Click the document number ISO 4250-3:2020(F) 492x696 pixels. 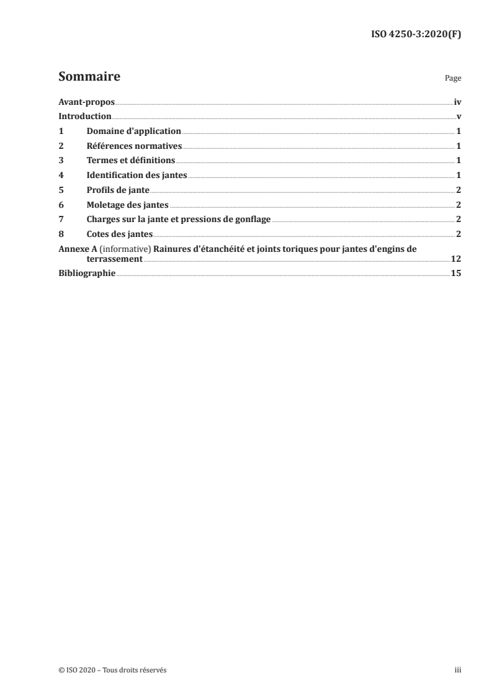pos(416,34)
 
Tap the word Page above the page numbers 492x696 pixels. pos(453,79)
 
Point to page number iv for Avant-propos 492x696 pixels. pos(457,102)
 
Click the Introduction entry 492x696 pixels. pos(85,117)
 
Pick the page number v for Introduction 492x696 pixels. pos(458,117)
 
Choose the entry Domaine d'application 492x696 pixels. pos(133,132)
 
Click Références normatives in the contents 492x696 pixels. pos(134,146)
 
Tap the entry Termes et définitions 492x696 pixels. pos(131,160)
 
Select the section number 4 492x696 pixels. pos(61,175)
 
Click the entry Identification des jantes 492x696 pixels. pos(136,175)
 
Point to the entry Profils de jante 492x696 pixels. pos(118,190)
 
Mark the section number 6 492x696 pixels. pos(61,204)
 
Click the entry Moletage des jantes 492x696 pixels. pos(127,204)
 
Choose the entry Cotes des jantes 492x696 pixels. pos(120,233)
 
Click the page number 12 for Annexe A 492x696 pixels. pos(456,259)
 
